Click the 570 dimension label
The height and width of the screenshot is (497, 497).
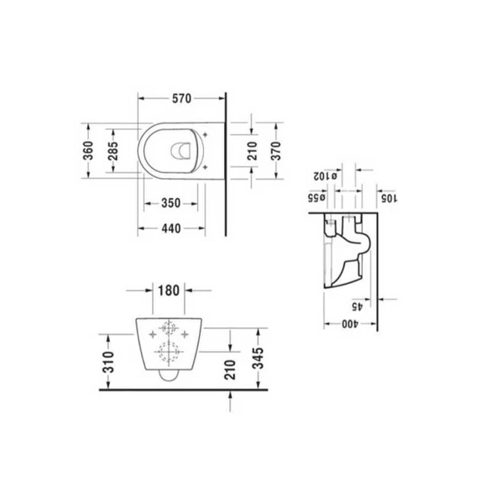pos(181,98)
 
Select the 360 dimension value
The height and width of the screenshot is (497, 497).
pos(88,150)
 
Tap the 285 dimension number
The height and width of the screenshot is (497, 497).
pos(112,150)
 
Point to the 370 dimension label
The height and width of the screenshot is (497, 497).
pos(276,151)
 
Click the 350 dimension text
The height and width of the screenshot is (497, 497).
pos(171,203)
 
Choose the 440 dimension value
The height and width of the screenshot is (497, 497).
pos(171,228)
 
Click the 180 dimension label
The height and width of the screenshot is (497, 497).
pos(169,290)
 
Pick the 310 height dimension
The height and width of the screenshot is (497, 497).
pos(109,362)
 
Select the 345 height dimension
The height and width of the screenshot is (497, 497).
pos(259,358)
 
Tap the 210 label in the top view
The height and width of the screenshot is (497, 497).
pos(252,151)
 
